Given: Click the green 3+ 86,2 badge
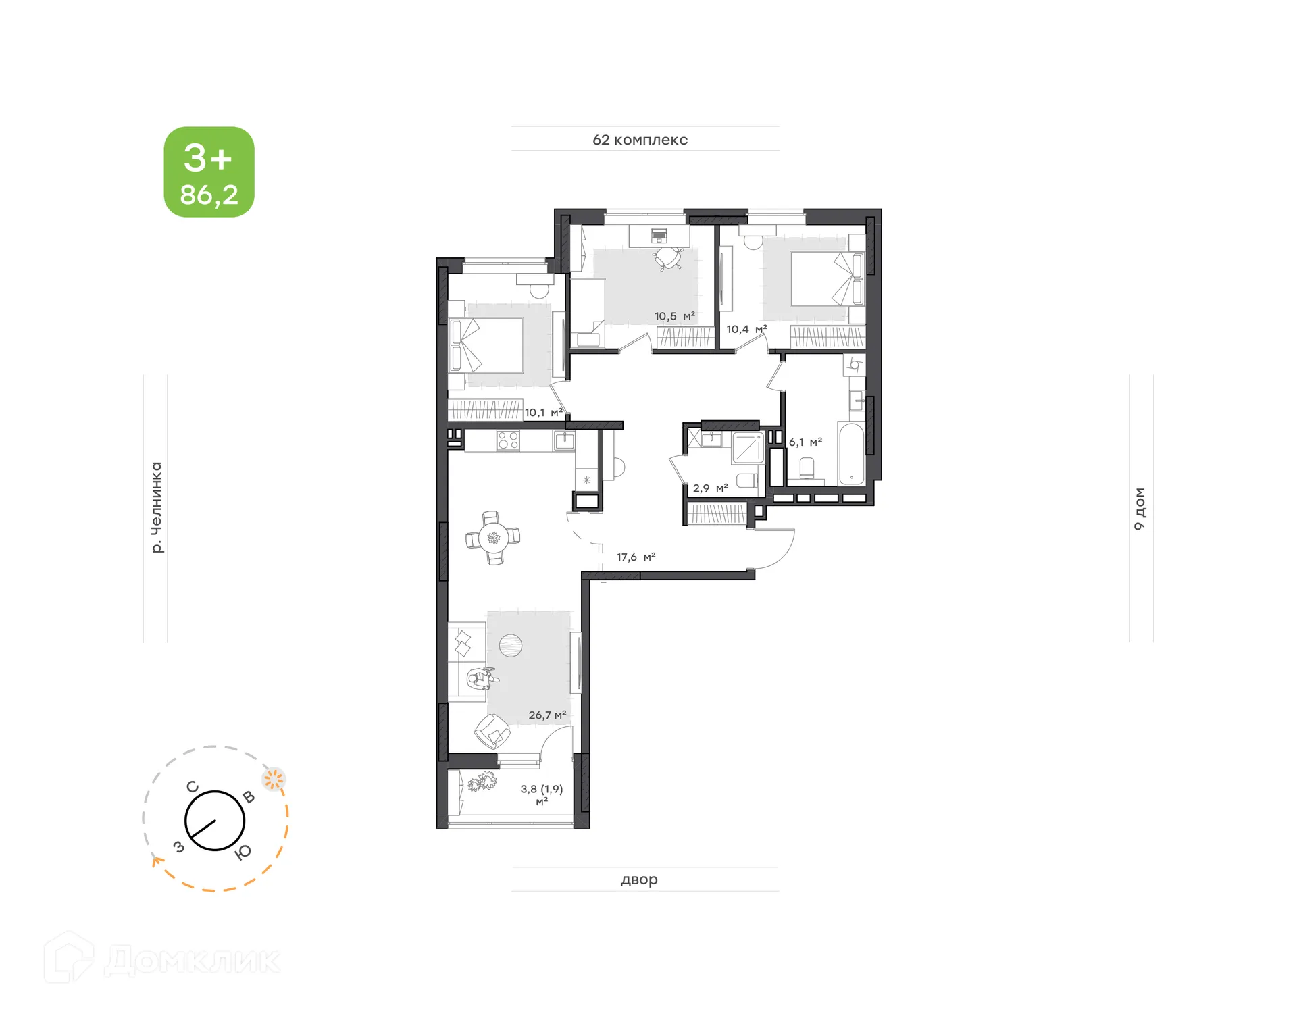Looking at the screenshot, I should [x=209, y=172].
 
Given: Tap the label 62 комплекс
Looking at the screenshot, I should [x=640, y=140].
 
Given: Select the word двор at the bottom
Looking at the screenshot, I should [x=638, y=880].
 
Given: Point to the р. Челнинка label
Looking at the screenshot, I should [x=156, y=507].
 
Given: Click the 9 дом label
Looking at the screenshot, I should [x=1140, y=508].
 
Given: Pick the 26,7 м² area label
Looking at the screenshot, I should [x=547, y=715].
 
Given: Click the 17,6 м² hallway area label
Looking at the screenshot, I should [x=636, y=557].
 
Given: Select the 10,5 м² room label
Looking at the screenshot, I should [x=674, y=316].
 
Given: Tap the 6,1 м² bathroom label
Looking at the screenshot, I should [x=805, y=442].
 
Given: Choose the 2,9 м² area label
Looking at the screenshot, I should [x=710, y=488].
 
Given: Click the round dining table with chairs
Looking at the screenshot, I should [x=494, y=538].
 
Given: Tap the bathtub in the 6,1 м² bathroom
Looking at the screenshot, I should [x=851, y=454].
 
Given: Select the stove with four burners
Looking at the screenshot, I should [x=508, y=441].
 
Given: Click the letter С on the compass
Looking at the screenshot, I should [x=193, y=787].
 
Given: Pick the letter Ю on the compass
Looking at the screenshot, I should [x=243, y=852].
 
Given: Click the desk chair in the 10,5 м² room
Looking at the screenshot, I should [x=668, y=258].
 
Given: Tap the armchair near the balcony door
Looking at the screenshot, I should [x=492, y=731].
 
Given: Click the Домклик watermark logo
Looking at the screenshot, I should [x=162, y=959].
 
